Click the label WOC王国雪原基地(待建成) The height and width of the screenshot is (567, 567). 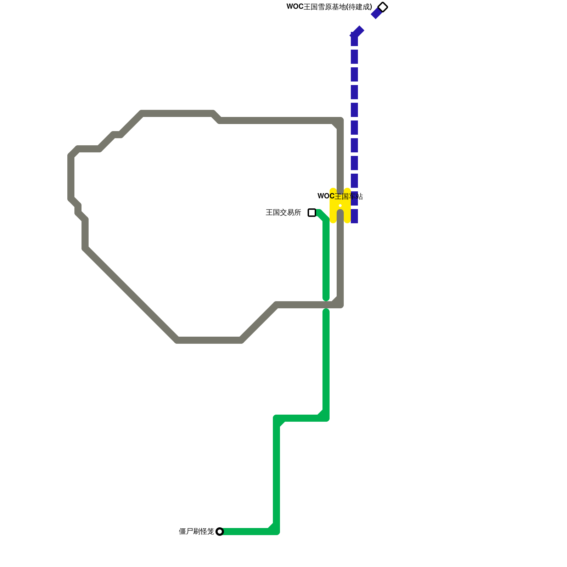click(329, 7)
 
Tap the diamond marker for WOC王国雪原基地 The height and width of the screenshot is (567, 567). click(383, 7)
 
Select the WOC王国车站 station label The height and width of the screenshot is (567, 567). click(340, 196)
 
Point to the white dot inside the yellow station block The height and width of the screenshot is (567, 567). click(340, 206)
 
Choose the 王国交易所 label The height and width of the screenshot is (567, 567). click(283, 213)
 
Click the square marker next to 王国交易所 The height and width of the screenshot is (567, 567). click(312, 213)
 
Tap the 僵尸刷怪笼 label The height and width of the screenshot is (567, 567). click(196, 532)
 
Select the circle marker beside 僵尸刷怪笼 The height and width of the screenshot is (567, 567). click(220, 532)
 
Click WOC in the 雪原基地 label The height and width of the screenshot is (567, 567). click(295, 7)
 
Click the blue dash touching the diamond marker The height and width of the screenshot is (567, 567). click(376, 13)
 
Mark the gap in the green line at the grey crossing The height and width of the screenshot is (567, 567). click(326, 305)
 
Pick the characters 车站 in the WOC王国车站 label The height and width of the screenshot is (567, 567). click(356, 196)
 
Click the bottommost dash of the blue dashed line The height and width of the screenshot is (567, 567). click(354, 216)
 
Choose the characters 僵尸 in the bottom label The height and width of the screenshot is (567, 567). click(186, 532)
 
